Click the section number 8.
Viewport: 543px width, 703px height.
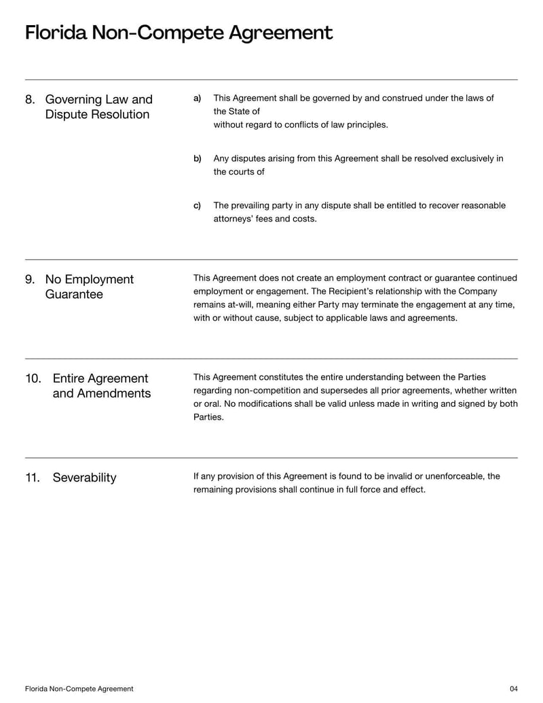pos(30,100)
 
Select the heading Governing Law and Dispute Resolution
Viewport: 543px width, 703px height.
pos(98,107)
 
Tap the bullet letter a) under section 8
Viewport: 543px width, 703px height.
pos(198,98)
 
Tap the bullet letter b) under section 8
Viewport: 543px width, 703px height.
pos(198,159)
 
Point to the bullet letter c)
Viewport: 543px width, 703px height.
pos(198,206)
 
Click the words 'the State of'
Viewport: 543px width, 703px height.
pos(236,111)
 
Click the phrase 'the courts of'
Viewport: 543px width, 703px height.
pos(239,172)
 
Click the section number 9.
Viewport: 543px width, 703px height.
pos(30,280)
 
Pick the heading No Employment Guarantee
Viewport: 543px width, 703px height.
pos(89,287)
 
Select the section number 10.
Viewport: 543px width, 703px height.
pos(33,378)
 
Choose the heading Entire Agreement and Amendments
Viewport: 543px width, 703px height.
pos(101,386)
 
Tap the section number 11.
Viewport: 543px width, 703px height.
pos(33,478)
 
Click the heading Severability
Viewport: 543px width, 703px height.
pos(84,478)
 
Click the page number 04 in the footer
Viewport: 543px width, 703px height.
pos(513,689)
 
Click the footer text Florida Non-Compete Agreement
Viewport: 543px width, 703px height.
pos(79,689)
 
